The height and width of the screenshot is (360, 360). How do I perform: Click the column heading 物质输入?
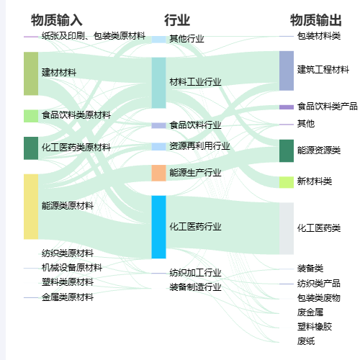(x=57, y=20)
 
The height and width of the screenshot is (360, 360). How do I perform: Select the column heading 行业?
(x=177, y=20)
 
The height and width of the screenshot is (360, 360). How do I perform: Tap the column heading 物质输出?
(x=316, y=20)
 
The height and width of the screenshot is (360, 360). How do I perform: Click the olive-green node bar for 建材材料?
(x=31, y=73)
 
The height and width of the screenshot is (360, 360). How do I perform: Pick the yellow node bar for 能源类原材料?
(x=31, y=207)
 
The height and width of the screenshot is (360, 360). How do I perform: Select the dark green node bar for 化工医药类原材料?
(x=31, y=148)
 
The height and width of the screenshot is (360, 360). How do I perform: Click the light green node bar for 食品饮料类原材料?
(x=31, y=116)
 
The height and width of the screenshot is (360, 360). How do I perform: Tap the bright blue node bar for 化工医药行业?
(x=158, y=227)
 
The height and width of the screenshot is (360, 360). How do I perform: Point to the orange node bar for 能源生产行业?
(x=158, y=173)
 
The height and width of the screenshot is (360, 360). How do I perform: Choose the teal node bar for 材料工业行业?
(x=158, y=83)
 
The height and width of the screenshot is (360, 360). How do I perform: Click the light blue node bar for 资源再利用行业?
(x=158, y=147)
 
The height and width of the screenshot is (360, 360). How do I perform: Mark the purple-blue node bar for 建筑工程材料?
(x=287, y=71)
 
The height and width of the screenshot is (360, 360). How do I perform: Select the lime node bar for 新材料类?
(x=287, y=182)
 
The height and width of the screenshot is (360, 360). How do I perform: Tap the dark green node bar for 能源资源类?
(x=287, y=150)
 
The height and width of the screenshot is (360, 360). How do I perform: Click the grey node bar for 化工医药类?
(x=287, y=228)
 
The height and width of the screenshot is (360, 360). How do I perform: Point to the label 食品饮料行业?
(x=195, y=125)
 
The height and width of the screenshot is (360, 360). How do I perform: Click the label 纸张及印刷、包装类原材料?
(x=94, y=36)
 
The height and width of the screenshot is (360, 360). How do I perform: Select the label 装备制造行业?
(x=195, y=287)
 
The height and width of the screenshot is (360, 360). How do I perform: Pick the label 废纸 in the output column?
(x=306, y=341)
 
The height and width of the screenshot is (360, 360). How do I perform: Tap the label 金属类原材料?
(x=68, y=297)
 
